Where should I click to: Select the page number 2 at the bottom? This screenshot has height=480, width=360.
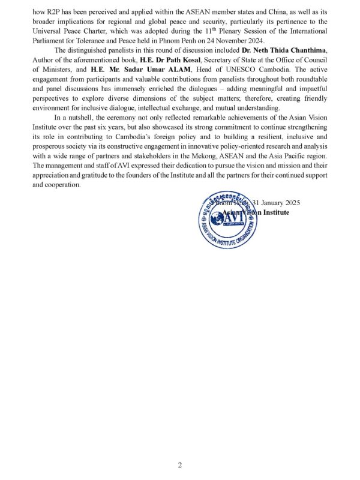(x=179, y=465)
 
